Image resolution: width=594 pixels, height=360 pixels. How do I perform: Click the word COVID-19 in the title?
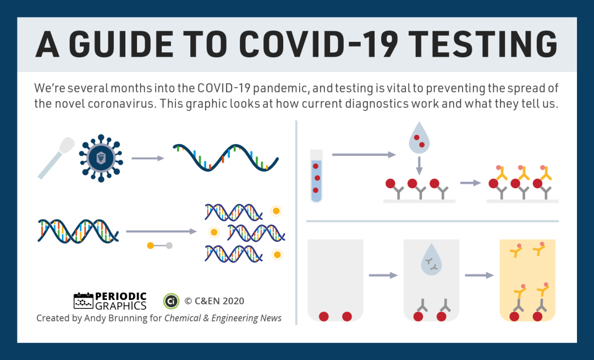[318, 44]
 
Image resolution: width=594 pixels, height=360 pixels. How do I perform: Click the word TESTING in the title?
[483, 44]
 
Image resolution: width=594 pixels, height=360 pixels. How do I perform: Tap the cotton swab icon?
[56, 157]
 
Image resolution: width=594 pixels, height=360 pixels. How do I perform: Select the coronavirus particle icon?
[101, 158]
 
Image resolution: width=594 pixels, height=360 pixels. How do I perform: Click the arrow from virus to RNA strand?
[148, 158]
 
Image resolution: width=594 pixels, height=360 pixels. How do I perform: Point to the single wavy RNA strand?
[226, 157]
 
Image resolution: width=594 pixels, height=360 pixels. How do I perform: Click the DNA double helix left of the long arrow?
[78, 231]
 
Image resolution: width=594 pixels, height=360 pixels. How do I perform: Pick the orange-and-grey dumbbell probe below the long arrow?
[160, 246]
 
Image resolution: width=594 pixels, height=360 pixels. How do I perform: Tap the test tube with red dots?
[316, 176]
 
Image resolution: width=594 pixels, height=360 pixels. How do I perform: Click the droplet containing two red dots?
[419, 138]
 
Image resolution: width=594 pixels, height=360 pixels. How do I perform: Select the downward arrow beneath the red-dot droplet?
[419, 166]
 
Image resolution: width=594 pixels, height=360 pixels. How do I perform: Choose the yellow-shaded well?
[527, 280]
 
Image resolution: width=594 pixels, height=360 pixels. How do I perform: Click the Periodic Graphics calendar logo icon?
[84, 301]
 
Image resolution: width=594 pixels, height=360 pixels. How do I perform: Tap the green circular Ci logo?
[171, 301]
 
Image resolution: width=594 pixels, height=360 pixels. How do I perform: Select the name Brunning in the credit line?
[128, 318]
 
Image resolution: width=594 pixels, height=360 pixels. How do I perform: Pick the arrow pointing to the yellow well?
[479, 275]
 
